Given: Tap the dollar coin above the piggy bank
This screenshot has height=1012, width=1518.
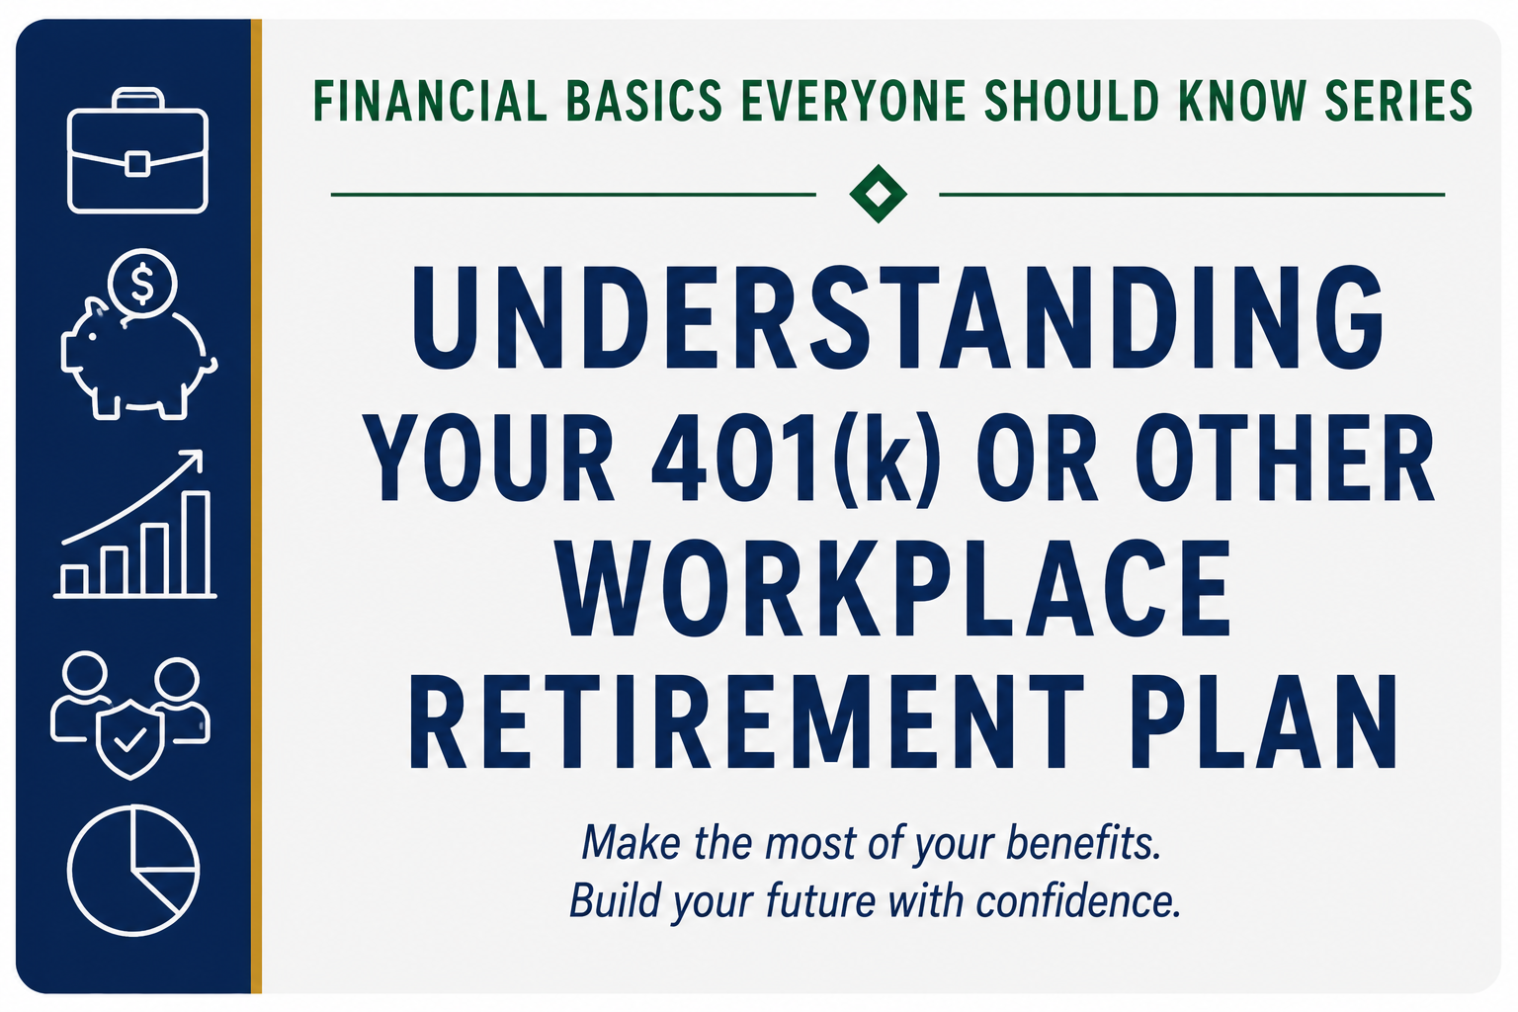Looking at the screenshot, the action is coord(142,284).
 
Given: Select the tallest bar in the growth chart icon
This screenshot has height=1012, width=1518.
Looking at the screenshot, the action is coord(197,544).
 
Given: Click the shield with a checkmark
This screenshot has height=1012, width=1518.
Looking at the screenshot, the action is coord(130,740).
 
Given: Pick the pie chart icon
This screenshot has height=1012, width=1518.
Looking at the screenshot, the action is coord(133,871).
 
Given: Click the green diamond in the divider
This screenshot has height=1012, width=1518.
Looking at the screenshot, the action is coord(878,194).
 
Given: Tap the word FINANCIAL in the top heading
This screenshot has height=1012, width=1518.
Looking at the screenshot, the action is coord(430,102).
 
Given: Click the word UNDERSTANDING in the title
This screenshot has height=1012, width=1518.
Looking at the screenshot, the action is coord(898,317).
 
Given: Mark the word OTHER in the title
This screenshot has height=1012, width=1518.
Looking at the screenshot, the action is coord(1284,458).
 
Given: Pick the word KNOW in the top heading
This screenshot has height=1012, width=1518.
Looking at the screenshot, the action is coord(1242,102).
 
